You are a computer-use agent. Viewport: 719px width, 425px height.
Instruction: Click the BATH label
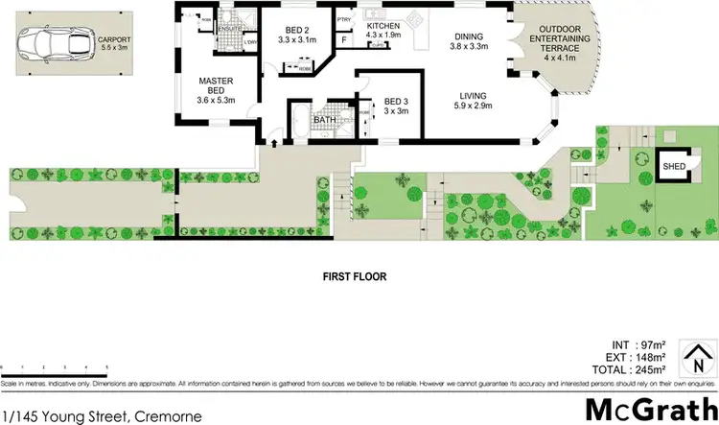(323, 120)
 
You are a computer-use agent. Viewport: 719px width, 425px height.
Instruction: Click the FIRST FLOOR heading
(354, 275)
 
